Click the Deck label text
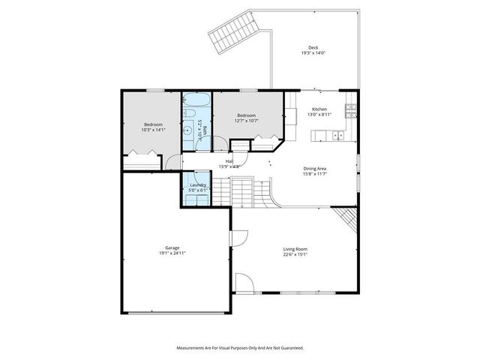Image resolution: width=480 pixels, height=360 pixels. [313, 47]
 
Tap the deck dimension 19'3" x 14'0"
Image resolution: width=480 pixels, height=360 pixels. [313, 53]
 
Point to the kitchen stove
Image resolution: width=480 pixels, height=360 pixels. [350, 111]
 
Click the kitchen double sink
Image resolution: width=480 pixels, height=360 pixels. [338, 136]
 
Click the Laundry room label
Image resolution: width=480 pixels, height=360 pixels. [198, 184]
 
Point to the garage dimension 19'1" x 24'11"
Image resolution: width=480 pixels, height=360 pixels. [172, 253]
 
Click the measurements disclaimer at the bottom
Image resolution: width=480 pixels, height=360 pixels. [240, 348]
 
